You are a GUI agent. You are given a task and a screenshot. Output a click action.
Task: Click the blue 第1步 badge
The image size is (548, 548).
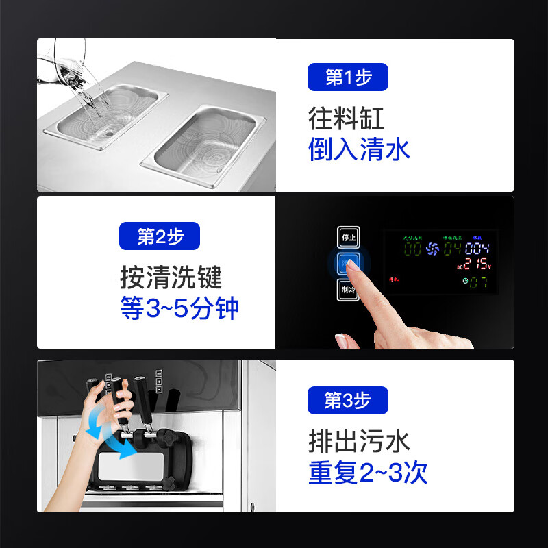point(348,77)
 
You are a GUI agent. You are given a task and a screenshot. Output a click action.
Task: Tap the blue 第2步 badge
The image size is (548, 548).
point(160,236)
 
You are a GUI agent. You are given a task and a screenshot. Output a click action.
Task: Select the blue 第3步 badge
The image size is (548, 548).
point(348,400)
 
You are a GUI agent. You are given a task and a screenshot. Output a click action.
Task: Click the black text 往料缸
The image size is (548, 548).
point(346,119)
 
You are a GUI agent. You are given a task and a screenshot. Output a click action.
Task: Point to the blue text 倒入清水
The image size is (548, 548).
point(359,149)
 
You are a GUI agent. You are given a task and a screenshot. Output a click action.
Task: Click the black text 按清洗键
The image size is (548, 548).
point(171,277)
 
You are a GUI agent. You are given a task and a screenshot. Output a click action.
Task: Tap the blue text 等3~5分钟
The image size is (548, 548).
point(179,308)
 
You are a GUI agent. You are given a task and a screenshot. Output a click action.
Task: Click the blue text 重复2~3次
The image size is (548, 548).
point(368,473)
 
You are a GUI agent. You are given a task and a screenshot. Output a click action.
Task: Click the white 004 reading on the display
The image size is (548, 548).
point(477,248)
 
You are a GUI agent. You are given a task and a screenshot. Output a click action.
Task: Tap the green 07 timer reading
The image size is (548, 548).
point(478,282)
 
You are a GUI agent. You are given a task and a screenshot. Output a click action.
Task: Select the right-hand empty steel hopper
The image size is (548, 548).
point(205,140)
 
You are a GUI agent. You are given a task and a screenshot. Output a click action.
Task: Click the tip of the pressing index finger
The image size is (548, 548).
point(351,264)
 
